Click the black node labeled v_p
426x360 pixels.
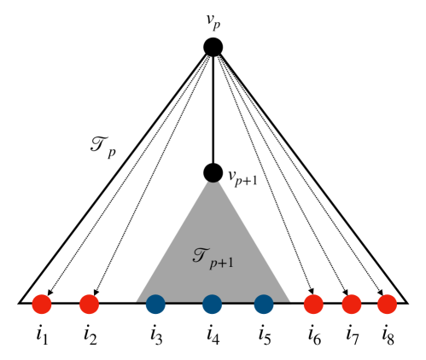(213, 49)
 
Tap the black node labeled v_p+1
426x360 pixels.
(213, 173)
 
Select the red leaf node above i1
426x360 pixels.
(42, 303)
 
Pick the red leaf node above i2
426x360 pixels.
(90, 303)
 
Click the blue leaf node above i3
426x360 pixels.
(155, 303)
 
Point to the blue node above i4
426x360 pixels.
(213, 303)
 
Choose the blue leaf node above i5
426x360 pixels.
(266, 303)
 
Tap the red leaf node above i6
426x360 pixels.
(313, 303)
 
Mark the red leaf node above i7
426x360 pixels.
(351, 303)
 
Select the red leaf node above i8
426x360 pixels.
(387, 303)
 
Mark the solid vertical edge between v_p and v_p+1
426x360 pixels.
(213, 111)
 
